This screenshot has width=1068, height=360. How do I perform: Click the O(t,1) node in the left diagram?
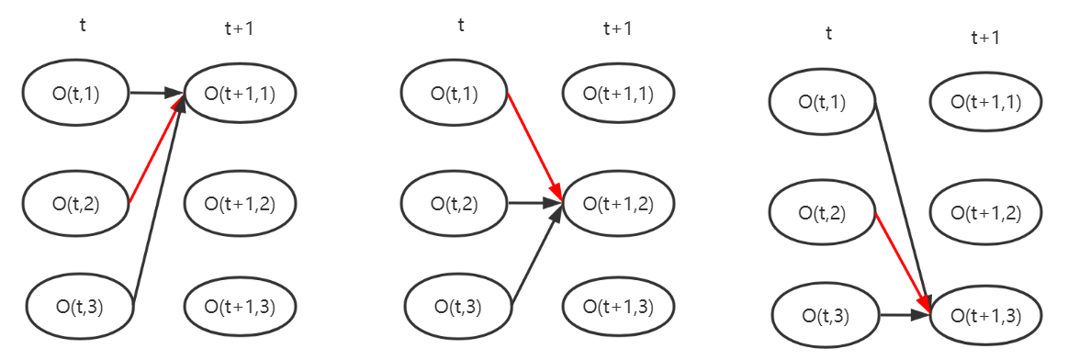point(76,92)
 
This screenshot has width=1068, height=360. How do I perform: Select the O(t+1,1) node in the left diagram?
point(240,92)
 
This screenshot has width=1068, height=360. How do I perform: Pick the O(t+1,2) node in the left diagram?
point(240,202)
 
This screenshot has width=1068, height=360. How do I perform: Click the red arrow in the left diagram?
point(152,152)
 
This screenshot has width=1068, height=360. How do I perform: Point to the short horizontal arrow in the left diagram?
point(156,93)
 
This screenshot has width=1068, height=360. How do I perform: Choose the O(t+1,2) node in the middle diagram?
point(618,203)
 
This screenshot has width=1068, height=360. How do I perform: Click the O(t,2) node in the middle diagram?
point(455,203)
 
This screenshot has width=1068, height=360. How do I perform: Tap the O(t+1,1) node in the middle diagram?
point(618,93)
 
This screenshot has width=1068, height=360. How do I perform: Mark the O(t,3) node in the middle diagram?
point(458,306)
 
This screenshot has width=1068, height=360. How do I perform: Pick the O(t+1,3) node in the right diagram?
point(987,315)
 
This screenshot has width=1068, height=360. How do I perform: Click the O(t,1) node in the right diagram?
point(822,101)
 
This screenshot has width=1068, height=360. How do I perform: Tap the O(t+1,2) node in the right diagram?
point(987,212)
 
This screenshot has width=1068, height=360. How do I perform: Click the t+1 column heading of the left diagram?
point(239,28)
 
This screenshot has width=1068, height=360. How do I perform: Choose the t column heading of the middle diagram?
point(461,25)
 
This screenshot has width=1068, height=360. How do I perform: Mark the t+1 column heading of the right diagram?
point(985,38)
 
